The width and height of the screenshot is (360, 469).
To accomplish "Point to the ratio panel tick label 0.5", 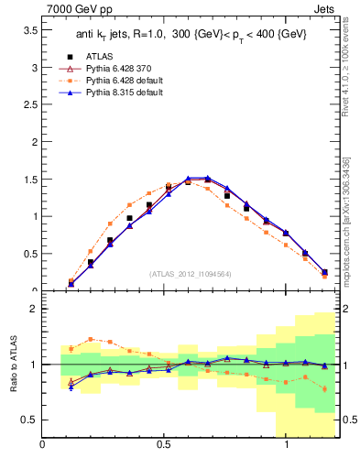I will pyautogui.click(x=29, y=420).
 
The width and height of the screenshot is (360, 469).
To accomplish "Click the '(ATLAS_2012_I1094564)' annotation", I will pyautogui.click(x=190, y=273).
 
